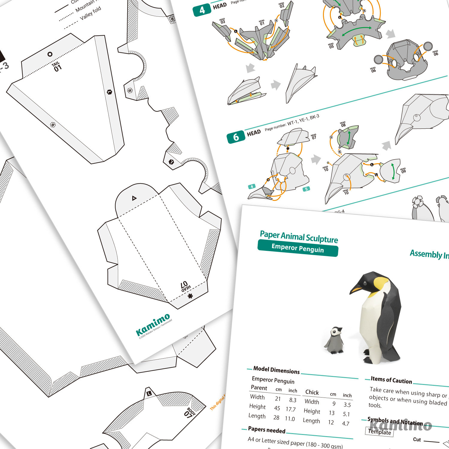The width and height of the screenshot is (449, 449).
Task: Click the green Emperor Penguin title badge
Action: [x=298, y=248]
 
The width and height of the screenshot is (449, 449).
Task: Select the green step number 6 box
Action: [x=236, y=137]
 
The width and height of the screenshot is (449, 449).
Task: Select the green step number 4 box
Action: [x=202, y=10]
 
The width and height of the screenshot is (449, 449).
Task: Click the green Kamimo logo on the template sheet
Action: [x=153, y=325]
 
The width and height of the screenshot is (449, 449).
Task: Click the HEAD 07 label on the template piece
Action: [x=185, y=286]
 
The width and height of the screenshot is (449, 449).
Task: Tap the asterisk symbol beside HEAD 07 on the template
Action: [x=190, y=296]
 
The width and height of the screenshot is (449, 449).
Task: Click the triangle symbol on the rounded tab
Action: [x=134, y=198]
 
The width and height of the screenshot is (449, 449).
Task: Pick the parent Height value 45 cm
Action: [x=277, y=408]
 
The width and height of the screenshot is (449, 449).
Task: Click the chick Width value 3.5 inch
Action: [x=347, y=405]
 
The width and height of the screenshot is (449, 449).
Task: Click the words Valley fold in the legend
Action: [x=90, y=13]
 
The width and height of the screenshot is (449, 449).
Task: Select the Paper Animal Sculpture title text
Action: [x=299, y=237]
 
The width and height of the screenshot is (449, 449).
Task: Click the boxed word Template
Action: [x=379, y=432]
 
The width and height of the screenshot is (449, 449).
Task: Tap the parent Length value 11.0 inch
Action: [x=290, y=418]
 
